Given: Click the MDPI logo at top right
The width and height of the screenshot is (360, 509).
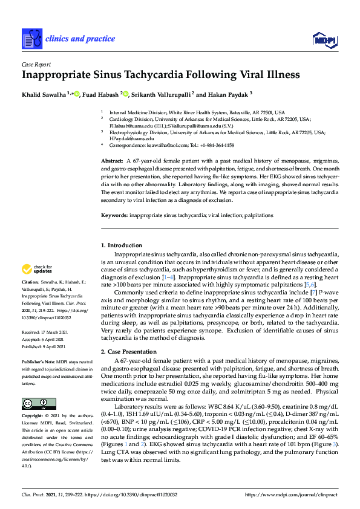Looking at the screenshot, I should [324, 41].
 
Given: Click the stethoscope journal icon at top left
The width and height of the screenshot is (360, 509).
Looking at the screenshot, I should [31, 39].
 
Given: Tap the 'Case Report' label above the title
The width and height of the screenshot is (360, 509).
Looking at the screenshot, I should [36, 65].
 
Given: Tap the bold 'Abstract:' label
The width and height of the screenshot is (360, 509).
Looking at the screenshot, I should [111, 161].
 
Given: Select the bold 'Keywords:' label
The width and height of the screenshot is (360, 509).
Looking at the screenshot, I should [114, 215].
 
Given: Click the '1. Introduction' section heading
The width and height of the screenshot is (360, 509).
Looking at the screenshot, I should [121, 245].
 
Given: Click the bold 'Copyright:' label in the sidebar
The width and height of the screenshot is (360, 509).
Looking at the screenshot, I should [32, 416].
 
